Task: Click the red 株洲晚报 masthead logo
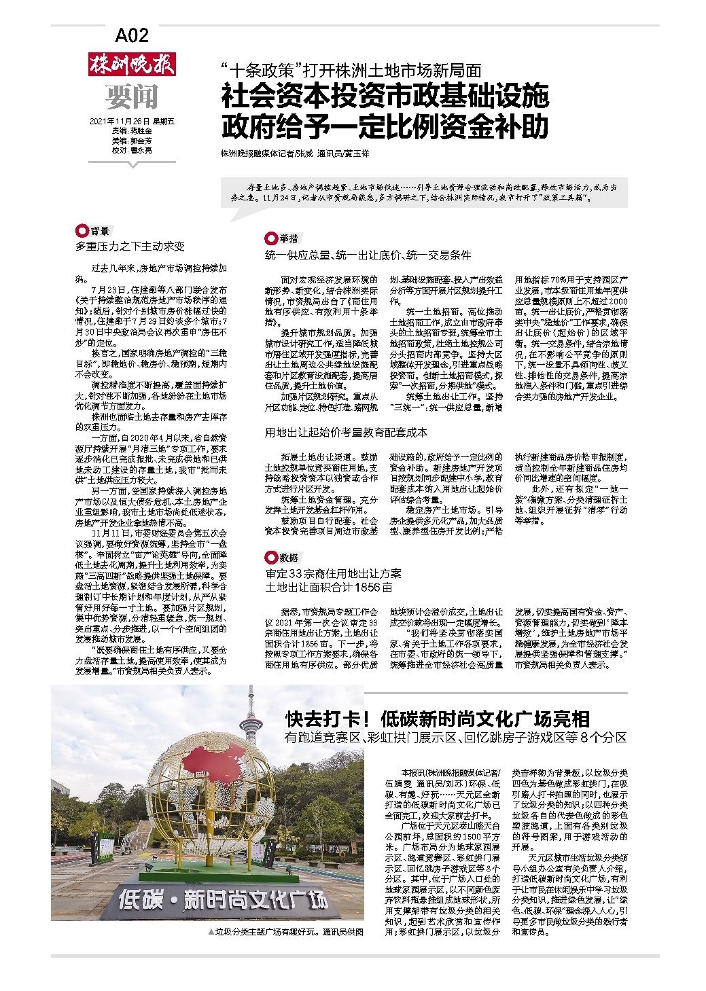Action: coord(132,66)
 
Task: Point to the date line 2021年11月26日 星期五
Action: coord(132,122)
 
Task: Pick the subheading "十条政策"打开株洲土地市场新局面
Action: coord(351,69)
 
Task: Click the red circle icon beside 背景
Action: coord(82,231)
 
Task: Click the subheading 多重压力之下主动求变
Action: coord(130,246)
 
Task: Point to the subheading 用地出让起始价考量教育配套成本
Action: coord(346,432)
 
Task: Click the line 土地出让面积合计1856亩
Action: coord(329,586)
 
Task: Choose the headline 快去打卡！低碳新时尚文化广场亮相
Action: coord(438,719)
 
